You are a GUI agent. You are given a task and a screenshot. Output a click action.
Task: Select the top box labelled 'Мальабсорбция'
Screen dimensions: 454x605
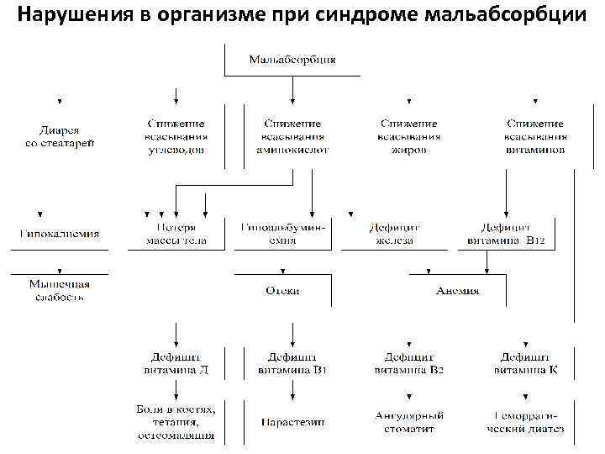point(292,60)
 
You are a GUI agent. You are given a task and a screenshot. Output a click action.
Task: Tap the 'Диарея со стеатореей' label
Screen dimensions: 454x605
point(59,137)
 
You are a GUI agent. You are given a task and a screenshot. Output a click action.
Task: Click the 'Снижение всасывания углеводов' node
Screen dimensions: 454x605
point(176,137)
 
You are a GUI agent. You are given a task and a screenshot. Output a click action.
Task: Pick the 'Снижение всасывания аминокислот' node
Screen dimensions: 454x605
point(292,137)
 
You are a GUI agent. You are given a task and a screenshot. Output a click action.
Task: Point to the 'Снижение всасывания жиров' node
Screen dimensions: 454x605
point(409,137)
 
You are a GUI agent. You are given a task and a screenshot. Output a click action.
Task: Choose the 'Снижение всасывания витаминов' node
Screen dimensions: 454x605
point(535,137)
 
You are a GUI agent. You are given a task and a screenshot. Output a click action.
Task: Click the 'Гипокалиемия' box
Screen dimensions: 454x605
point(59,234)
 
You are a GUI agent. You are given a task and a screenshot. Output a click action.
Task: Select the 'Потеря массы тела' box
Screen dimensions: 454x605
point(176,234)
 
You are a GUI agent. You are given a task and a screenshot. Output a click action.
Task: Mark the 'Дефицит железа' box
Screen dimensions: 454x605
point(393,234)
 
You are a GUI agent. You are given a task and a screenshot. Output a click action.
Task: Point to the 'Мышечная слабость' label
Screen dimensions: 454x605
point(59,291)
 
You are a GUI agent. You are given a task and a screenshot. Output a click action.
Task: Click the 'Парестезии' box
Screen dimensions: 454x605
point(292,421)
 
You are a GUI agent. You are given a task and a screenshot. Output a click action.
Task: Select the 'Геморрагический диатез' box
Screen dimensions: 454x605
point(525,421)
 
